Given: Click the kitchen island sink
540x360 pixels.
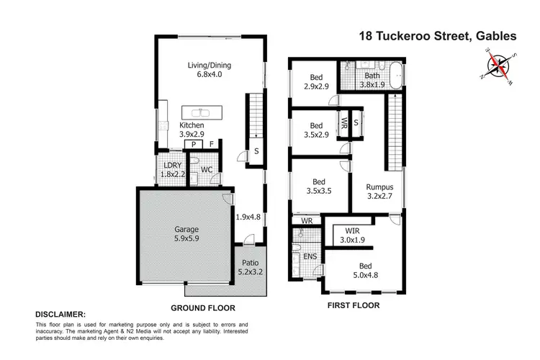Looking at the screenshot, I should [199, 112].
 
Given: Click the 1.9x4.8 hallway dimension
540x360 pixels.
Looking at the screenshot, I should [248, 215].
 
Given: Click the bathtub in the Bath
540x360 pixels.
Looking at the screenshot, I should [397, 75].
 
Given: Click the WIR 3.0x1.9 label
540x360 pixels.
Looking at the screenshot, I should [352, 235].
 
